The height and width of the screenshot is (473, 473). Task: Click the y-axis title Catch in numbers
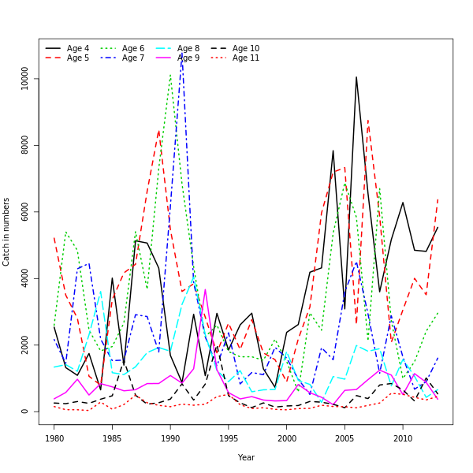tap(7, 232)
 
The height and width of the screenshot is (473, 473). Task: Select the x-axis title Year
tap(246, 457)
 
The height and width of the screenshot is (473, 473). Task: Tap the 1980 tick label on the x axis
tap(54, 438)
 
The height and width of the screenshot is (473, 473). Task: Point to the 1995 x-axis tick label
tap(229, 438)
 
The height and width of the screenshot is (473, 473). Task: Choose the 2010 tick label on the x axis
tap(403, 438)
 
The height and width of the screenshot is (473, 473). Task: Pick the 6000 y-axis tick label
tap(25, 212)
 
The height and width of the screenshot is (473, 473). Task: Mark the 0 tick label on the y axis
tap(25, 412)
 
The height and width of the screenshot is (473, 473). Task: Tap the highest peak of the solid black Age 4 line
tap(356, 77)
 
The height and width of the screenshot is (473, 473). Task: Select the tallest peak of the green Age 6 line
tap(170, 75)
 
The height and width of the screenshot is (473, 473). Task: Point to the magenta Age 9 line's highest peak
tap(206, 289)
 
